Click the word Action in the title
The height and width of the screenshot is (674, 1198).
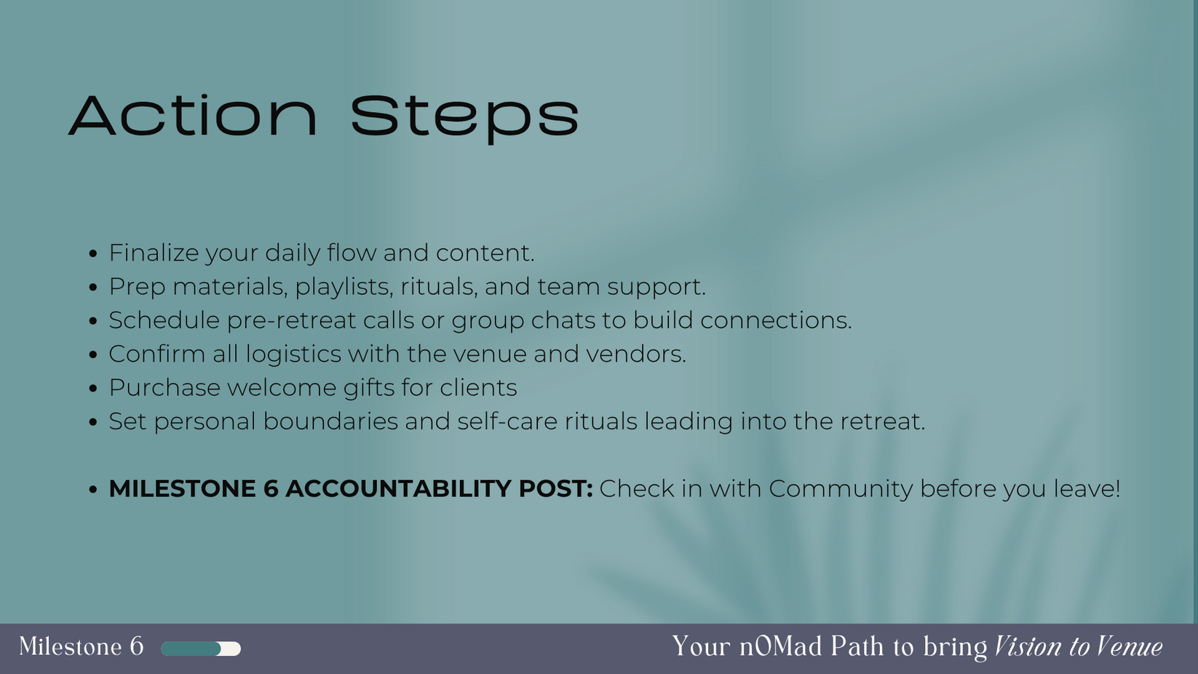pyautogui.click(x=193, y=116)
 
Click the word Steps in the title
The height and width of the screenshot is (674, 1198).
pyautogui.click(x=465, y=119)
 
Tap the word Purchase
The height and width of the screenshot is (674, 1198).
pyautogui.click(x=164, y=387)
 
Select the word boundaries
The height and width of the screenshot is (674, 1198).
pyautogui.click(x=330, y=421)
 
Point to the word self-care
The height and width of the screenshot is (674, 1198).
pyautogui.click(x=507, y=421)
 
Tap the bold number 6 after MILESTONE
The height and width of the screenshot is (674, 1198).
pyautogui.click(x=271, y=488)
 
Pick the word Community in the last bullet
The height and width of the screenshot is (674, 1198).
pyautogui.click(x=841, y=489)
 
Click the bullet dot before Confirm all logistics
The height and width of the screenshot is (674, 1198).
pyautogui.click(x=93, y=354)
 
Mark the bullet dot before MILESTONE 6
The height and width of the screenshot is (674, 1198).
pyautogui.click(x=93, y=489)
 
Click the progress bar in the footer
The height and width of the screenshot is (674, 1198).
pyautogui.click(x=201, y=649)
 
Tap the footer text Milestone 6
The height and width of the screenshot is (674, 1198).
pyautogui.click(x=82, y=647)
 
